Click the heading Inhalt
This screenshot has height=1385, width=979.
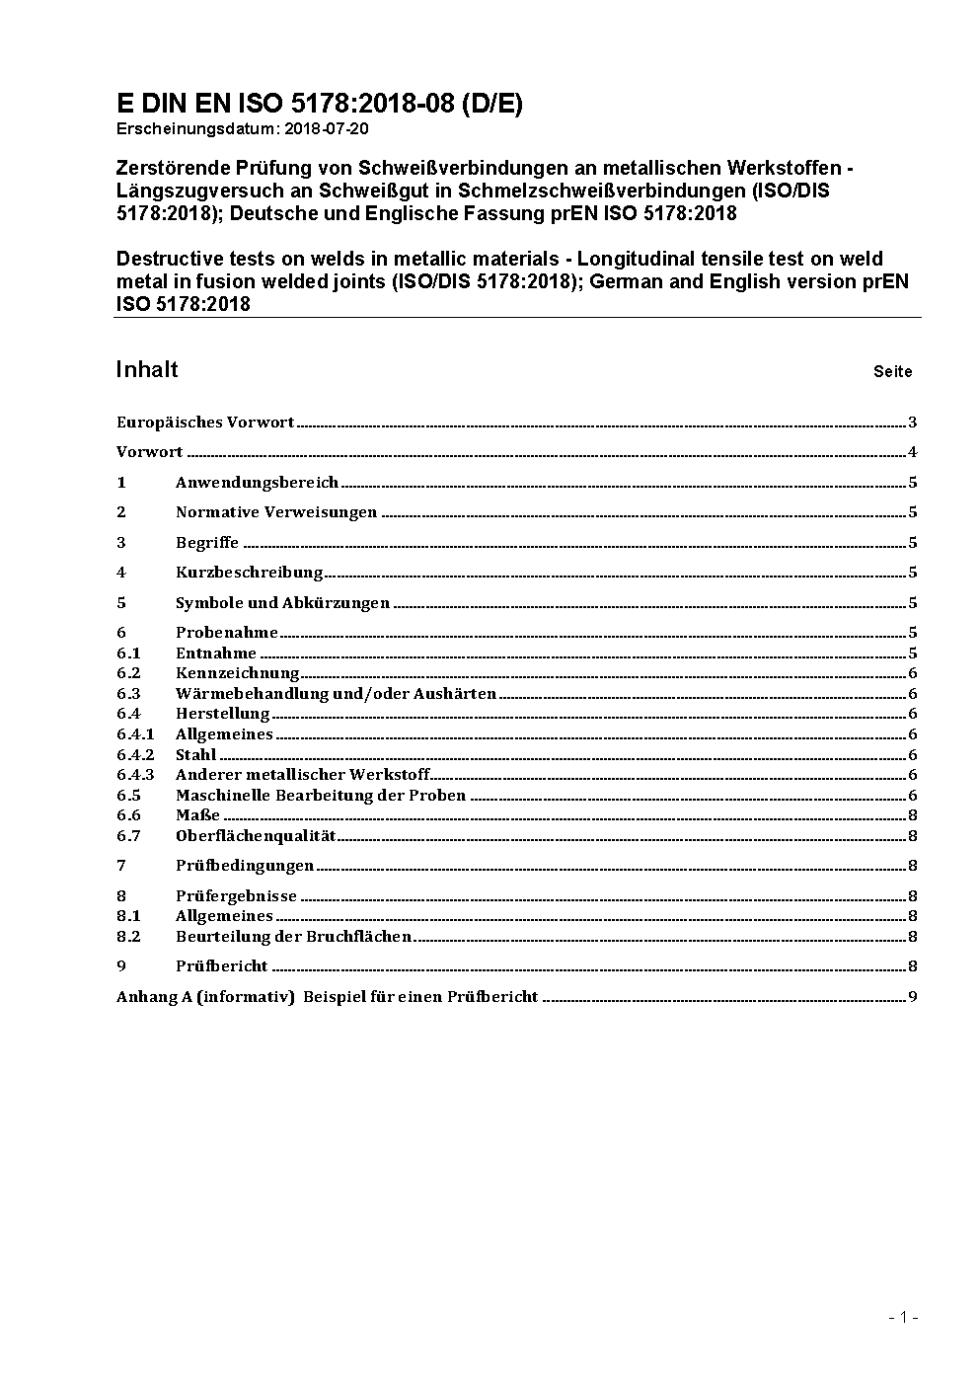pos(147,369)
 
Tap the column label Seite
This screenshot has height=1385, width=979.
pos(892,372)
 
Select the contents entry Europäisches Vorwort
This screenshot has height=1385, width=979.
pos(205,423)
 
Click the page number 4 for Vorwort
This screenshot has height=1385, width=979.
pos(913,453)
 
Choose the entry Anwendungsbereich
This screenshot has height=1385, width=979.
pos(257,483)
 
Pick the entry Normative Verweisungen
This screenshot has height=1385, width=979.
pos(276,512)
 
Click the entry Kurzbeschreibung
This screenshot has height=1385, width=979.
pos(249,573)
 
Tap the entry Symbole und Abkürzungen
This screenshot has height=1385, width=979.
pos(282,603)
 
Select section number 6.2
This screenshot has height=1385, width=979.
pos(128,673)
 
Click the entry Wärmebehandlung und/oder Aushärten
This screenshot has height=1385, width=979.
pos(336,694)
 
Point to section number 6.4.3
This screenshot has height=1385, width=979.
pos(135,775)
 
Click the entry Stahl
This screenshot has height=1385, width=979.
pos(195,755)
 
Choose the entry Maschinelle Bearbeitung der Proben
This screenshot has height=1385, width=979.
pos(321,796)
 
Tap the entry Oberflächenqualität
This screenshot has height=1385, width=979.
pos(256,836)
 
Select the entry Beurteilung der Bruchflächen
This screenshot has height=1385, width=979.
pos(293,937)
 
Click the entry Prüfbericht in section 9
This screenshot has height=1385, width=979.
pos(222,966)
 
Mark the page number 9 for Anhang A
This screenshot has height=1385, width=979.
pos(913,997)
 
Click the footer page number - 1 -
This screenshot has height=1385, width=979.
pos(903,1317)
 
